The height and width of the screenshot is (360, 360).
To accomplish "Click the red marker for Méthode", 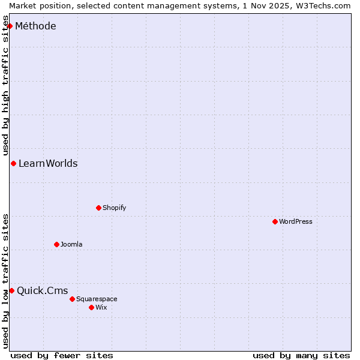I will coord(10,26).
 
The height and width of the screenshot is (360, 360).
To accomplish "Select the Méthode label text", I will coord(35,26).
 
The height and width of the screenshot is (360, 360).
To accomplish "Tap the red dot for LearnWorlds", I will coord(13,163).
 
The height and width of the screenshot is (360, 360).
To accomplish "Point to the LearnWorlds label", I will coord(48,163).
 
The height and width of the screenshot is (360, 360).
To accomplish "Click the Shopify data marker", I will coord(98,208).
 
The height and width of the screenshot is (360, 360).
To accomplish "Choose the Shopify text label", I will coord(114,208).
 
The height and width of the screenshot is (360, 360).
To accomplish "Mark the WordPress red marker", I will coord(275,221).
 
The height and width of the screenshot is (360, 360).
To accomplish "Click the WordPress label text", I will coord(295,221).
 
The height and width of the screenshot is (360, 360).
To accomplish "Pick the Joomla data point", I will coord(56,244).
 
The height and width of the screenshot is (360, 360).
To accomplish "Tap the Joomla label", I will coord(71,244).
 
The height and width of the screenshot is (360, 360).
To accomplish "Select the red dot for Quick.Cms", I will coord(11,290).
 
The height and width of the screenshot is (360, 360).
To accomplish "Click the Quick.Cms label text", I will coord(42,291).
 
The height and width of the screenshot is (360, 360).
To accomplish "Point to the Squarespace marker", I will coord(72,299).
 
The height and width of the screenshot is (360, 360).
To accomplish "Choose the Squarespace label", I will coord(97,299).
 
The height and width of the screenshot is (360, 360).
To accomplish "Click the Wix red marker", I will coord(91,307).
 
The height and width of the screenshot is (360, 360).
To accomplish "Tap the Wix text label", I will coord(101,307).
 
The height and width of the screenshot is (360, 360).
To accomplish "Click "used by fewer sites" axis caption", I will coord(62,355).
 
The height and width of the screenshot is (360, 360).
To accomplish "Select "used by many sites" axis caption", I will coord(301,355).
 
